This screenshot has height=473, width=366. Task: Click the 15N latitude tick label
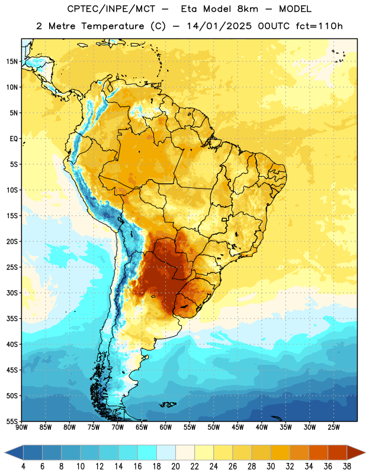click(12, 61)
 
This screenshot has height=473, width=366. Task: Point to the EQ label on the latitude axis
click(14, 139)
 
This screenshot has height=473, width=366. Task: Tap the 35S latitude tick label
click(12, 319)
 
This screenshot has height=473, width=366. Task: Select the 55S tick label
click(12, 421)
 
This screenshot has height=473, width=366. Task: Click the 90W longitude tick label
click(21, 427)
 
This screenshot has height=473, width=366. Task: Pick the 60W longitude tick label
click(166, 427)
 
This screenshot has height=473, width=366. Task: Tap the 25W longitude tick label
click(333, 427)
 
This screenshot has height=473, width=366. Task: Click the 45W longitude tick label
click(237, 427)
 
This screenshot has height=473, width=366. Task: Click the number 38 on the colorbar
click(347, 466)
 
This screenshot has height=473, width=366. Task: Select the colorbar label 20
click(175, 466)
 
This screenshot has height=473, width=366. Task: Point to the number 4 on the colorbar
click(23, 466)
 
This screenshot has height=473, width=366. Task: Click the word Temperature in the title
click(113, 26)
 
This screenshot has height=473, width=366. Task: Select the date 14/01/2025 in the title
click(219, 26)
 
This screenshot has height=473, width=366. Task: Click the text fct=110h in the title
click(319, 26)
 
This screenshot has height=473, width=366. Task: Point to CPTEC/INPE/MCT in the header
click(111, 9)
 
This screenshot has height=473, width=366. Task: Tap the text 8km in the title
click(248, 9)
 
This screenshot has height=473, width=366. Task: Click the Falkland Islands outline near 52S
click(168, 404)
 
